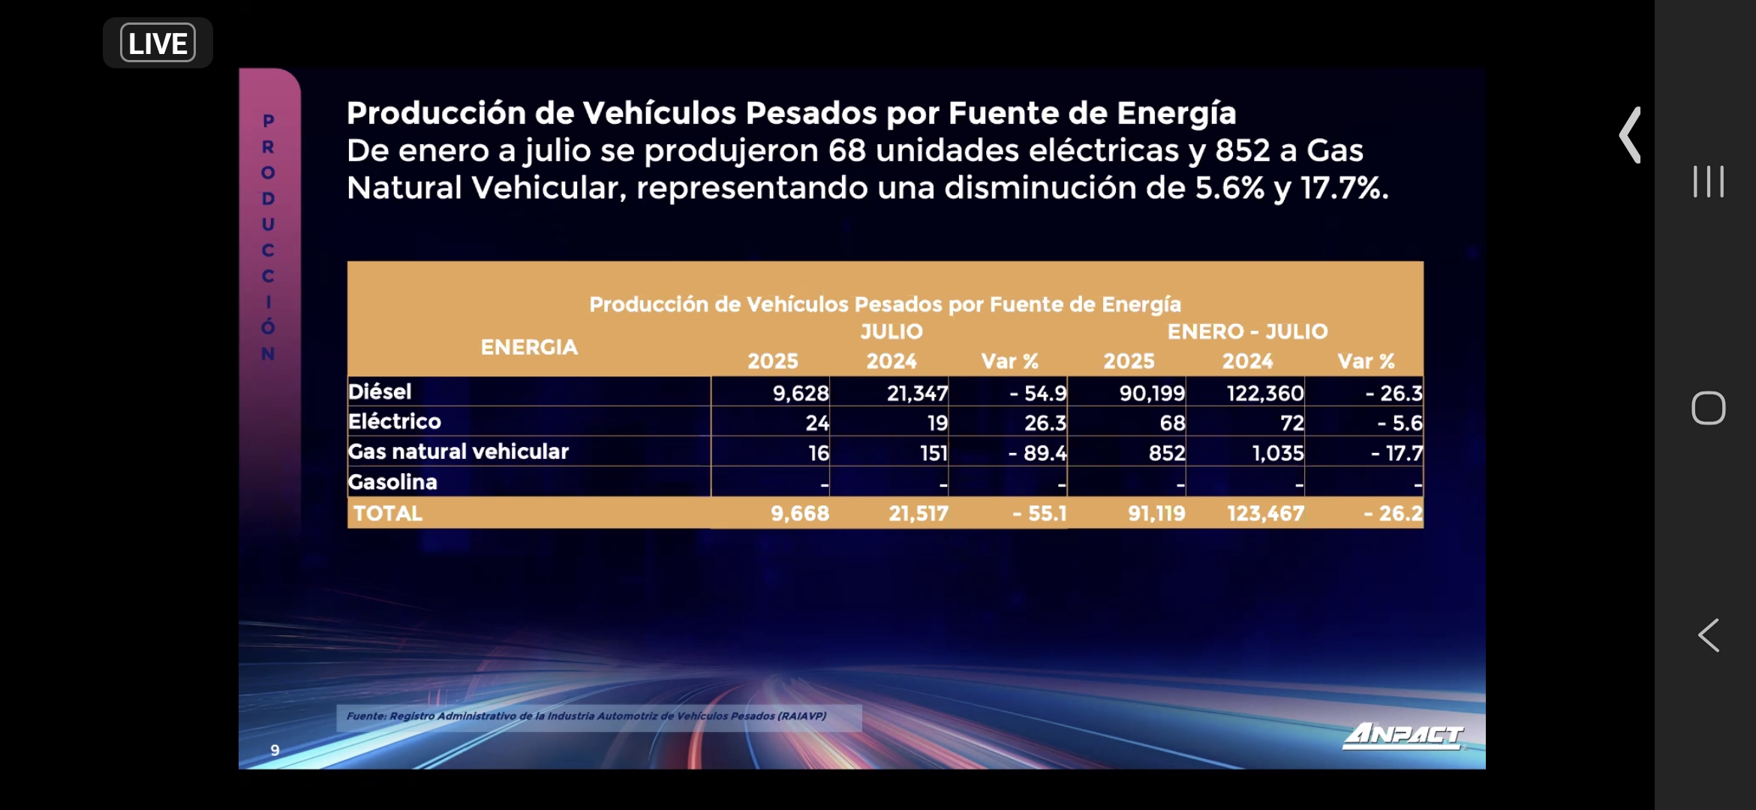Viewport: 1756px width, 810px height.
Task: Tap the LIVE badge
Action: click(x=158, y=43)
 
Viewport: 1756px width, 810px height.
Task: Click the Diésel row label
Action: click(x=380, y=391)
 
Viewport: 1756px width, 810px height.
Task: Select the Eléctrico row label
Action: click(x=395, y=421)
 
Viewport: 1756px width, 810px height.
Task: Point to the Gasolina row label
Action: click(x=392, y=482)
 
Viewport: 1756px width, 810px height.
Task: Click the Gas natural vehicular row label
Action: click(x=459, y=451)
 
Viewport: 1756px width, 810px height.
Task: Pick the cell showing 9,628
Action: click(x=801, y=393)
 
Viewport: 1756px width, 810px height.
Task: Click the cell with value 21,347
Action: click(x=917, y=393)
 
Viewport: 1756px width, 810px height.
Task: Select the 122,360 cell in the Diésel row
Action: click(x=1265, y=393)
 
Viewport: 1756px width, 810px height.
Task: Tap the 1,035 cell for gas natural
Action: click(x=1278, y=453)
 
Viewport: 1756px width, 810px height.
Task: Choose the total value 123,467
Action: click(x=1266, y=514)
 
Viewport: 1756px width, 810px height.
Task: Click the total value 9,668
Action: click(x=800, y=514)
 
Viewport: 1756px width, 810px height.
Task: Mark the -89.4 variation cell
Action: click(x=1038, y=453)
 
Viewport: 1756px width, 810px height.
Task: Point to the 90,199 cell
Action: click(x=1152, y=393)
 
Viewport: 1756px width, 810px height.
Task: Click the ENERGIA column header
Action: click(x=529, y=347)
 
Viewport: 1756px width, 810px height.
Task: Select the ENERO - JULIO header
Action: click(x=1247, y=331)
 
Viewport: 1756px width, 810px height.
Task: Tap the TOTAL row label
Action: click(x=388, y=514)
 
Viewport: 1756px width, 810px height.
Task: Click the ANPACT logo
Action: click(x=1403, y=735)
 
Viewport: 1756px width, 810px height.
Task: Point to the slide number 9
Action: click(x=275, y=750)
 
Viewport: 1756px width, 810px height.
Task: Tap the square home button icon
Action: click(x=1708, y=409)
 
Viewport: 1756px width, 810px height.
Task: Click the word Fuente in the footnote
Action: click(x=366, y=716)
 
